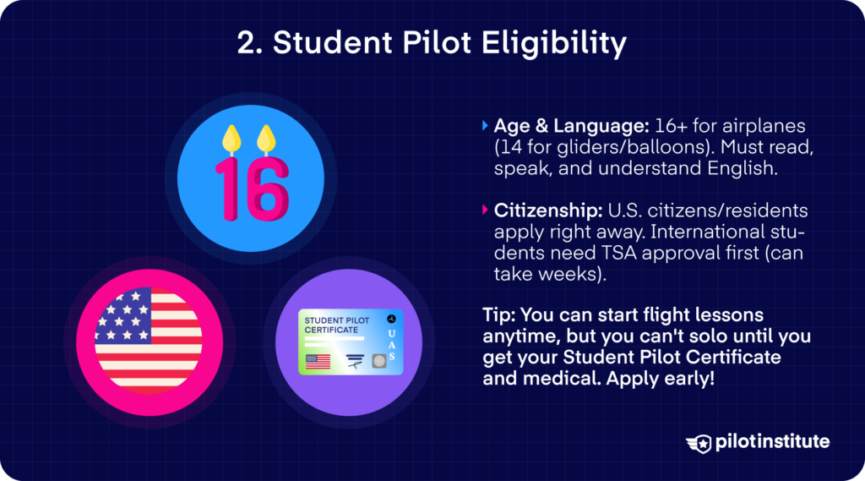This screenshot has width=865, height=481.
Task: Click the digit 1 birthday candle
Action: pos(226,185)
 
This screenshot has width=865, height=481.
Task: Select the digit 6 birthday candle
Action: pos(267,186)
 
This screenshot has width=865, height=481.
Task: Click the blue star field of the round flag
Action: pos(123,315)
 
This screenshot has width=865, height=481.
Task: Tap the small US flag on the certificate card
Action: pos(318,362)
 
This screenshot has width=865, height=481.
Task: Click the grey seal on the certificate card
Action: pos(379,361)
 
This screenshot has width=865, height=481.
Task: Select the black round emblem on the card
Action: pos(390,320)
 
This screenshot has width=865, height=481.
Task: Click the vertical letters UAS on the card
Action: pos(391,343)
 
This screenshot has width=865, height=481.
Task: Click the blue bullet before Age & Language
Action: pos(485,125)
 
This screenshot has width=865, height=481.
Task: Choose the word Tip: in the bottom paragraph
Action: pos(499,314)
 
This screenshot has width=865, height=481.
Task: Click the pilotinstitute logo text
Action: pos(770,442)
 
